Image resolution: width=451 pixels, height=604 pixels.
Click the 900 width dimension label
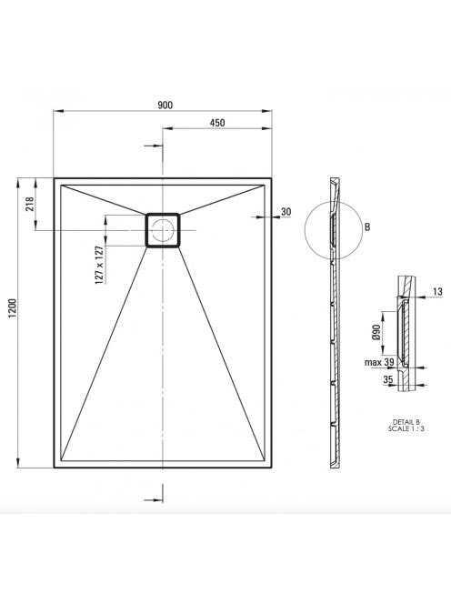[x=165, y=106]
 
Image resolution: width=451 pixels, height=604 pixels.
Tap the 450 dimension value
[x=217, y=123]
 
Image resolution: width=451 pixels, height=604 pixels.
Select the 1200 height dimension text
[x=13, y=308]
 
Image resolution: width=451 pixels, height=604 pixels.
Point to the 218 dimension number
[x=30, y=204]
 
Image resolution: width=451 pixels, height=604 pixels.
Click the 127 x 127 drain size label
[x=99, y=265]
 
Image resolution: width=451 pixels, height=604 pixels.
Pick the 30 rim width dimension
[x=286, y=211]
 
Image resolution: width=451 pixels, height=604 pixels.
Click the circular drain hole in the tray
[x=163, y=230]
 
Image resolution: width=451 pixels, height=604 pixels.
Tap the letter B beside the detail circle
[x=367, y=227]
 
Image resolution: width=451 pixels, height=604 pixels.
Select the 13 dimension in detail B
[x=437, y=292]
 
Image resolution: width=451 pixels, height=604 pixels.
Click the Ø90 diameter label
[x=376, y=332]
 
